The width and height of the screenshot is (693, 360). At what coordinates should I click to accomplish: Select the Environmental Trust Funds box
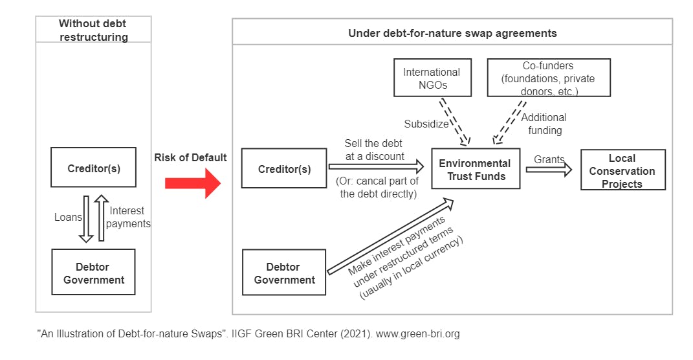(475, 169)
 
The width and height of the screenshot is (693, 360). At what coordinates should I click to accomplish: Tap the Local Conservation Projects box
(622, 170)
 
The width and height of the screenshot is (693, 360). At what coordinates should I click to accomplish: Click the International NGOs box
(431, 78)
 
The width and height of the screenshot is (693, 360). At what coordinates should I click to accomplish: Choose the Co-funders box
(548, 78)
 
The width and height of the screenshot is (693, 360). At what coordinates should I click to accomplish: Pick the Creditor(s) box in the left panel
(94, 168)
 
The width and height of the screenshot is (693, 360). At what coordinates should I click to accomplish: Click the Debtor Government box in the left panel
(94, 273)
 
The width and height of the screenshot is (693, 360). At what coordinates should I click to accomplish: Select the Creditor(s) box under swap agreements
(284, 169)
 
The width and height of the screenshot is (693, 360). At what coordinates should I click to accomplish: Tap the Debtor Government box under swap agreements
(284, 273)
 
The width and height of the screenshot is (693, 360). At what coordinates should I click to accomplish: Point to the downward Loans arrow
(86, 218)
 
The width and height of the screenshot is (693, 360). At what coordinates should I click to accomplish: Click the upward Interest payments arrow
(101, 218)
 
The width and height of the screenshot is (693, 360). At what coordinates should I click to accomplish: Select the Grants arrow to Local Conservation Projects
(549, 170)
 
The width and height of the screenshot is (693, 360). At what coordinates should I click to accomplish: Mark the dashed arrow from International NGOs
(454, 120)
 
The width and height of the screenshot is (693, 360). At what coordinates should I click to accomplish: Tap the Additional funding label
(543, 124)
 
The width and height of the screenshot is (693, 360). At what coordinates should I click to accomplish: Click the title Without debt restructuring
(93, 30)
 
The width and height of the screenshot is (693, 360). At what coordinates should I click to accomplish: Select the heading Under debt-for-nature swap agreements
(452, 33)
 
